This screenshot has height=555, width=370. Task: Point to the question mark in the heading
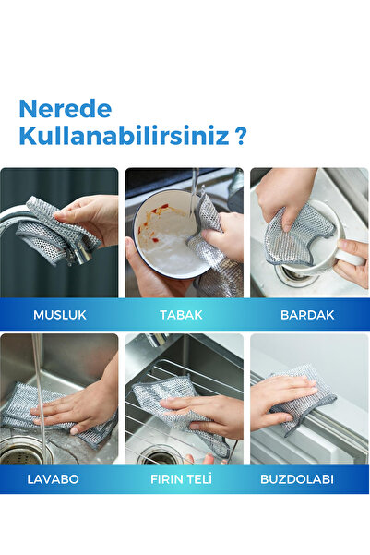click(240, 138)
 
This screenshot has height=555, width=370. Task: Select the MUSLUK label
click(60, 314)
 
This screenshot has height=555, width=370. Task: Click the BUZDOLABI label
click(309, 479)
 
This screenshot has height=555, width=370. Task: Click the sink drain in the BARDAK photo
click(293, 273)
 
